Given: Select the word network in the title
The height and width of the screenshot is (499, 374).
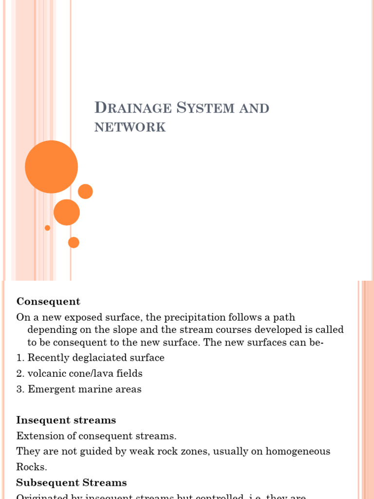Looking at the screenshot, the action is click(x=130, y=127).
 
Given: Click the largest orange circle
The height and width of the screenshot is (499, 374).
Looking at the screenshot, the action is click(x=51, y=167).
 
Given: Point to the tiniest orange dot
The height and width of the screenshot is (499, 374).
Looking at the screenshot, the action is click(x=47, y=228).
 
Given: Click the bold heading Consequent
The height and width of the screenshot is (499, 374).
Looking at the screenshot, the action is click(x=48, y=302).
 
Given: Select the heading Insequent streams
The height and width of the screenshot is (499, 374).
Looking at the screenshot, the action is click(x=66, y=420).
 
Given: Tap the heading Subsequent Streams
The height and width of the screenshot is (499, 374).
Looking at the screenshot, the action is click(x=72, y=483).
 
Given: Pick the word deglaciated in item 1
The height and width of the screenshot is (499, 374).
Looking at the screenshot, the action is click(x=97, y=358).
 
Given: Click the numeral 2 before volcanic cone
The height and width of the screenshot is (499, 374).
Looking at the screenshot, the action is click(x=19, y=374).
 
